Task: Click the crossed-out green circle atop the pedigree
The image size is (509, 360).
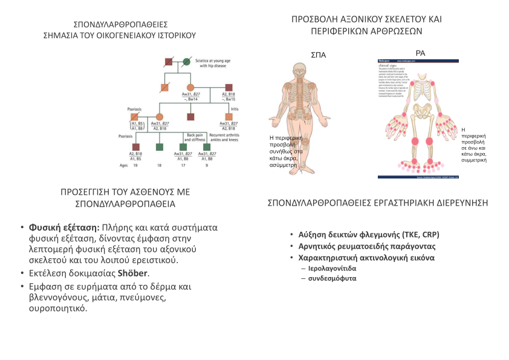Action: [x=187, y=61]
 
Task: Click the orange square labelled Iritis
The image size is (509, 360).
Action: [x=229, y=116]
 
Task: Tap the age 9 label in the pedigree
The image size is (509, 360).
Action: [x=207, y=165]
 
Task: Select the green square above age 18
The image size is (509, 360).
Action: [x=160, y=146]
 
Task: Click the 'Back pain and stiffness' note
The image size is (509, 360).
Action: [x=194, y=137]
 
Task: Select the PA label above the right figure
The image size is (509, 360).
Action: [x=421, y=53]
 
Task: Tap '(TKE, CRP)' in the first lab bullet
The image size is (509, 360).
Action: [x=419, y=235]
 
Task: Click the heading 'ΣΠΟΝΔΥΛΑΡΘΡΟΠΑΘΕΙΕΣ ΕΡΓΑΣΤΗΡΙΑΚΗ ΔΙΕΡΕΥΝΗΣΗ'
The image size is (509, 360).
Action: [x=377, y=203]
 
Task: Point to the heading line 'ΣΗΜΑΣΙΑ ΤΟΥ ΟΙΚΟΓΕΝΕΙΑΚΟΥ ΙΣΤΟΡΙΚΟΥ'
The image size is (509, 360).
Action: [x=120, y=35]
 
